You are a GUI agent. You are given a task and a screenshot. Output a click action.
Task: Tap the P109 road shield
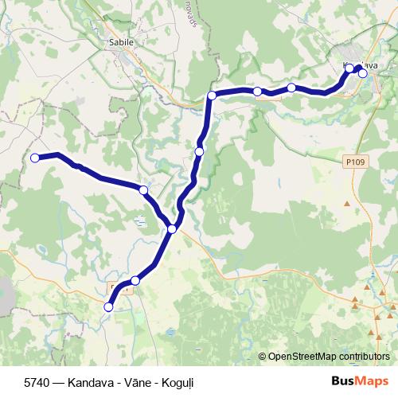tap(356, 162)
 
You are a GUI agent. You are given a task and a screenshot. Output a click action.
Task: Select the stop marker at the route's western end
tap(35, 158)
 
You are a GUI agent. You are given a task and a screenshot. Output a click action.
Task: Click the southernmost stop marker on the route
tap(109, 306)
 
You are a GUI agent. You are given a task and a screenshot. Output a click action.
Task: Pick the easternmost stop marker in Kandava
tap(363, 73)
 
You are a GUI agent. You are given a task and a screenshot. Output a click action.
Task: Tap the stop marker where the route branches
tap(173, 229)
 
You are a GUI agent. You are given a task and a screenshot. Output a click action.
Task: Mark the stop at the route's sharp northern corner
tap(212, 96)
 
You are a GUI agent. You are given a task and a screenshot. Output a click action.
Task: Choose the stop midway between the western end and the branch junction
tap(143, 189)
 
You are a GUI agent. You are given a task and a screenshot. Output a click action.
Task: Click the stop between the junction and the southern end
tap(135, 280)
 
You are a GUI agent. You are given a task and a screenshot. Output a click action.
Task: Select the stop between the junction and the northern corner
tap(199, 150)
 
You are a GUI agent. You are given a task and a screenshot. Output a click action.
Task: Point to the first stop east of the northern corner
tap(257, 92)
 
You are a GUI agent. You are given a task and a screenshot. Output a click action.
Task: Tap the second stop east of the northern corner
tap(291, 87)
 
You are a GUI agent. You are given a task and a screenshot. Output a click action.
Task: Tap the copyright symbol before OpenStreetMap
tap(263, 357)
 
